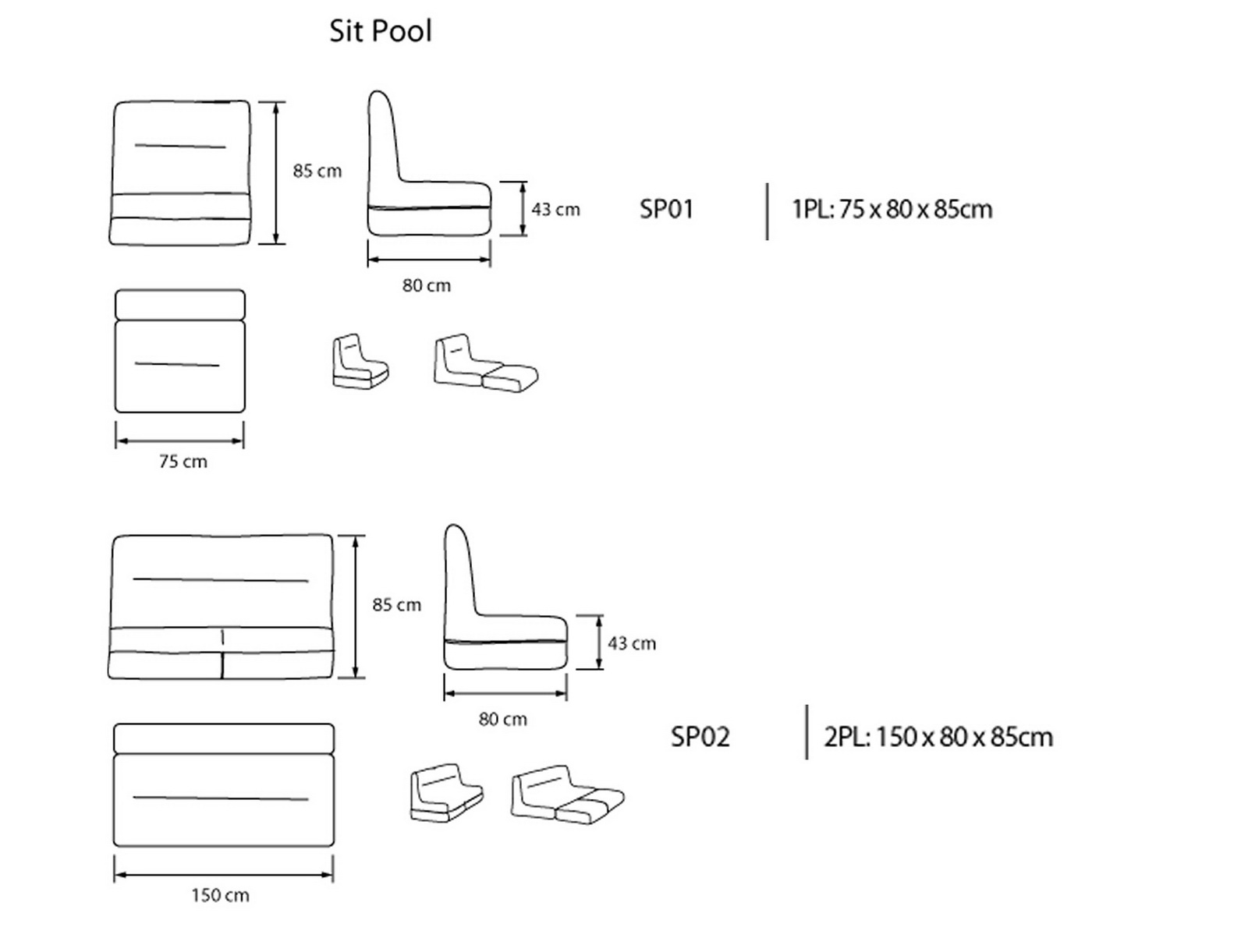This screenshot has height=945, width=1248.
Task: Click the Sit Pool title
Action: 380,31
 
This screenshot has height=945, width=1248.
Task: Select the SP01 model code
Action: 666,209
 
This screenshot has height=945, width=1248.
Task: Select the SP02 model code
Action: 700,737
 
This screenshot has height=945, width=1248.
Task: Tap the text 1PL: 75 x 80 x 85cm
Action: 892,209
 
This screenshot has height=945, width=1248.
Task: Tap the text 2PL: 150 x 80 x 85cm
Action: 938,737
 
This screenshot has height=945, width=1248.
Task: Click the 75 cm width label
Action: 183,462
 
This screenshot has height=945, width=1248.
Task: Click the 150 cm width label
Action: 220,895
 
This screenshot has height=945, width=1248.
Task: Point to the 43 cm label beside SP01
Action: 555,210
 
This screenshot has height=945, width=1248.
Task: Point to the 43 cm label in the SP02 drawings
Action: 632,643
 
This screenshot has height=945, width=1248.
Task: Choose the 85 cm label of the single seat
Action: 317,171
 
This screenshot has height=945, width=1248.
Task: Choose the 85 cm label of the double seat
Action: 396,604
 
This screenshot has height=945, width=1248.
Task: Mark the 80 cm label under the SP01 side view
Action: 426,285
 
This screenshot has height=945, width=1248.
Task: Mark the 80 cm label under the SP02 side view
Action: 502,719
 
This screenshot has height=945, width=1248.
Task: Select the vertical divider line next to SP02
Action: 807,732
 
